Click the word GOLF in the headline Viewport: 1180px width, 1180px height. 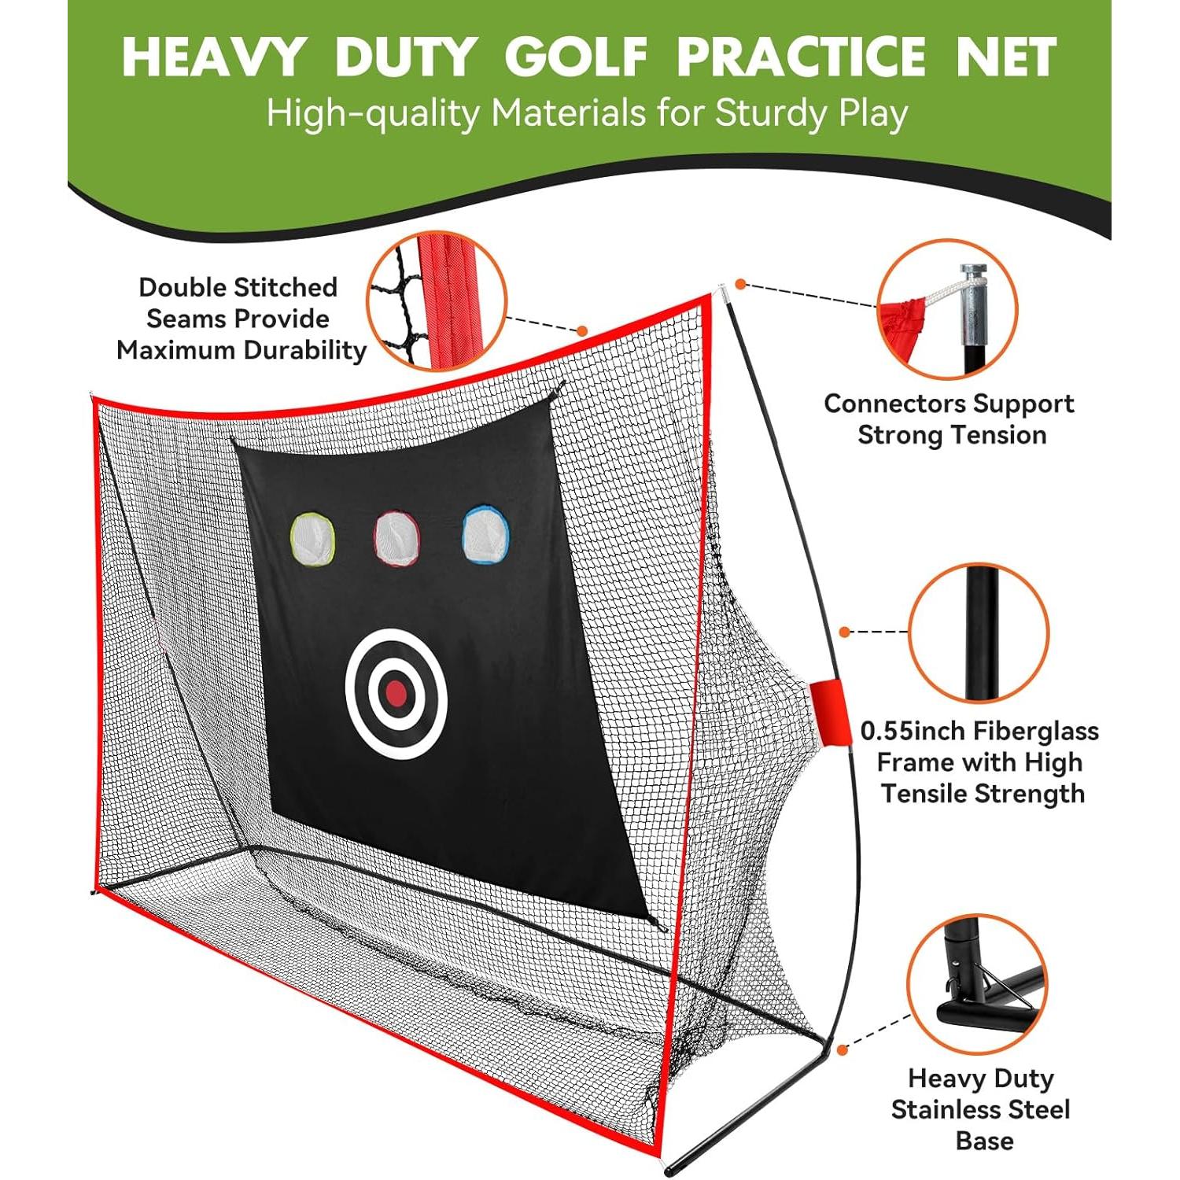coord(576,57)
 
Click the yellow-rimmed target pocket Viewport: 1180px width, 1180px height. coord(313,538)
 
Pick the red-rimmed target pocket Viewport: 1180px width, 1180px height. coord(396,538)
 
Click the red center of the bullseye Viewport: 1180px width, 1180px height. coord(396,693)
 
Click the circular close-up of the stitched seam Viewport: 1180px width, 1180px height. coord(437,301)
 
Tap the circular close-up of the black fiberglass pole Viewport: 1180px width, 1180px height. coord(979,632)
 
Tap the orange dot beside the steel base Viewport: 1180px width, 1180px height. coord(843,1049)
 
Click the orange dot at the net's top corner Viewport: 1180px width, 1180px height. coord(739,284)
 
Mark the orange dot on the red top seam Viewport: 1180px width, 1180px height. coord(583,331)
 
